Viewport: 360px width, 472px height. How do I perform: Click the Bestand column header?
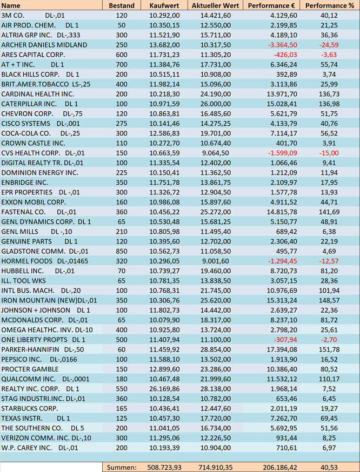122,5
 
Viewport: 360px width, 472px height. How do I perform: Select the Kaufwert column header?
164,5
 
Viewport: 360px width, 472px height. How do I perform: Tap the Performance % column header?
330,5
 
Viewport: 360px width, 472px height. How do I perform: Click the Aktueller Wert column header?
215,5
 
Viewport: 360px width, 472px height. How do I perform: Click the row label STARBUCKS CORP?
30,408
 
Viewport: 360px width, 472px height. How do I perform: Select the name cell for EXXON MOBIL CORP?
34,202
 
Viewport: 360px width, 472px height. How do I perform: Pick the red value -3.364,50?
283,45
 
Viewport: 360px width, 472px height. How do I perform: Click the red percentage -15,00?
329,153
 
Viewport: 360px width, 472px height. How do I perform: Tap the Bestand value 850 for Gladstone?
122,251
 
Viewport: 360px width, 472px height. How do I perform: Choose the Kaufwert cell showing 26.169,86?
164,389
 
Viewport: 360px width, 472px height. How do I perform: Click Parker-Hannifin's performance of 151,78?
329,349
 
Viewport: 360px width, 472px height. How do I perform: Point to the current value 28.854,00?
216,349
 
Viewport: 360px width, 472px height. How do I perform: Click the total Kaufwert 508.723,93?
164,468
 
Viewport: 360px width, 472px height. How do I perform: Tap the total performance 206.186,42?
280,468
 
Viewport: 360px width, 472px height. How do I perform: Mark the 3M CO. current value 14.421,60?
216,15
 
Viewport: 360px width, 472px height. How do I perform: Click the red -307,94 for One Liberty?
285,340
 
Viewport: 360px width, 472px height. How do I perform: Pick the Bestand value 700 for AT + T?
122,64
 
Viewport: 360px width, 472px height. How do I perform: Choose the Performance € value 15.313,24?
282,300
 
